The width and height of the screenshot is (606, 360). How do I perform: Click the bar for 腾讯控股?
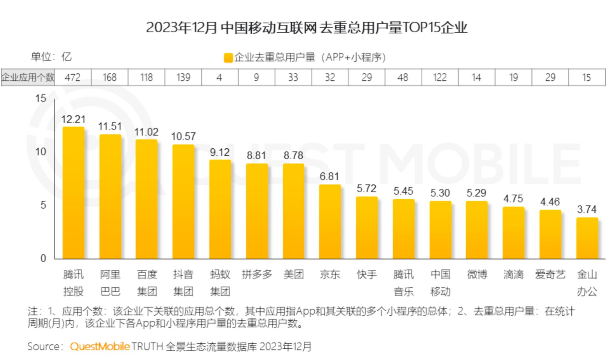pyautogui.click(x=73, y=193)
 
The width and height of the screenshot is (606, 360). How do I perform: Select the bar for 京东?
pyautogui.click(x=330, y=222)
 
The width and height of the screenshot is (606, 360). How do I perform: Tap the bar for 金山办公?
pyautogui.click(x=587, y=238)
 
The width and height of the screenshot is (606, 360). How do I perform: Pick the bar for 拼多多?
pyautogui.click(x=257, y=211)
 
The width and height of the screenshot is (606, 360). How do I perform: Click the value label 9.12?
pyautogui.click(x=220, y=152)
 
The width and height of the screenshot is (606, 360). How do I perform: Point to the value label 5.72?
pyautogui.click(x=366, y=189)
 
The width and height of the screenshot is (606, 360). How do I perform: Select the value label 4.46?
pyautogui.click(x=550, y=202)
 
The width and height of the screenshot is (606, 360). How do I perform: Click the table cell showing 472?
pyautogui.click(x=73, y=77)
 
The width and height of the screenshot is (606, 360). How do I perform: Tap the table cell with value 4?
pyautogui.click(x=219, y=77)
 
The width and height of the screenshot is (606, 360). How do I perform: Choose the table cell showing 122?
pyautogui.click(x=439, y=77)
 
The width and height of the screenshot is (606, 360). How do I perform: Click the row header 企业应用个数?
pyautogui.click(x=28, y=77)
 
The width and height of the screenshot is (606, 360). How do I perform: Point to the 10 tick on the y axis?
pyautogui.click(x=41, y=152)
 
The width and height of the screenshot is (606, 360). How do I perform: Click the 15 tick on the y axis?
pyautogui.click(x=41, y=98)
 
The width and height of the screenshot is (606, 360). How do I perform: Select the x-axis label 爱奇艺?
pyautogui.click(x=550, y=275)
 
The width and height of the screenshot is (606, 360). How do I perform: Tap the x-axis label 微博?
pyautogui.click(x=477, y=275)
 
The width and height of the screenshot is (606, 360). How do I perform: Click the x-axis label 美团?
pyautogui.click(x=293, y=275)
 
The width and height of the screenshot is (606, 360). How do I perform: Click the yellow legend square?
pyautogui.click(x=228, y=58)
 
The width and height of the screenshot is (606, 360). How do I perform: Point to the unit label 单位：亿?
pyautogui.click(x=51, y=57)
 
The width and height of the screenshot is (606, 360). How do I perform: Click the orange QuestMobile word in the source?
pyautogui.click(x=100, y=346)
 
